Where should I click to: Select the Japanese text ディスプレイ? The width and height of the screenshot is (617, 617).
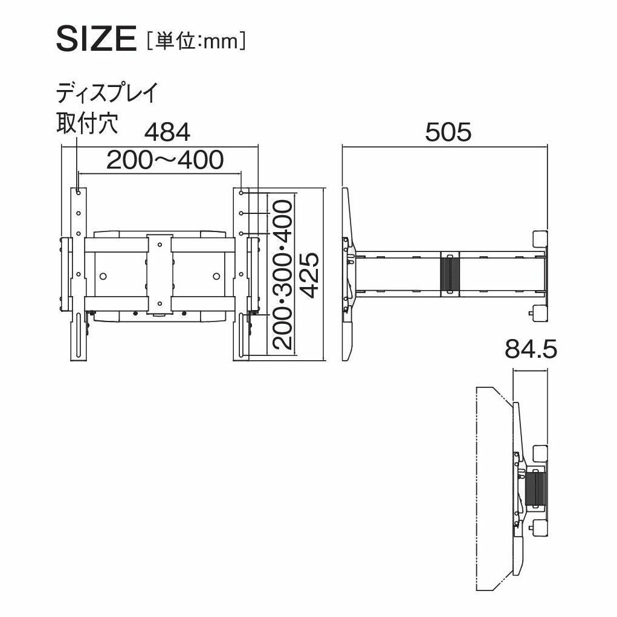pos(106,93)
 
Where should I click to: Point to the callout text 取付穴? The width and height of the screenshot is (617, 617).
pos(87,123)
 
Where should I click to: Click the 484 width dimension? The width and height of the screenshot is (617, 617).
pos(167,132)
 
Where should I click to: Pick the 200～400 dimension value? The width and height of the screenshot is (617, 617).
pos(165,160)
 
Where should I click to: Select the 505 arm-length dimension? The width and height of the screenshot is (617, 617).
pos(448,132)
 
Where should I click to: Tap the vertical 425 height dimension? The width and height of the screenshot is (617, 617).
pos(309,275)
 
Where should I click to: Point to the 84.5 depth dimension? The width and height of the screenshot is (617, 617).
pos(531,349)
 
